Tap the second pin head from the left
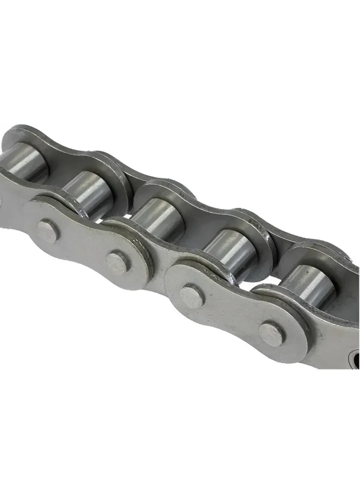tap(118, 262)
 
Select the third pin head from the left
tap(191, 295)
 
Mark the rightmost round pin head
tap(271, 334)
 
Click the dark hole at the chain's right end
tap(356, 360)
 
